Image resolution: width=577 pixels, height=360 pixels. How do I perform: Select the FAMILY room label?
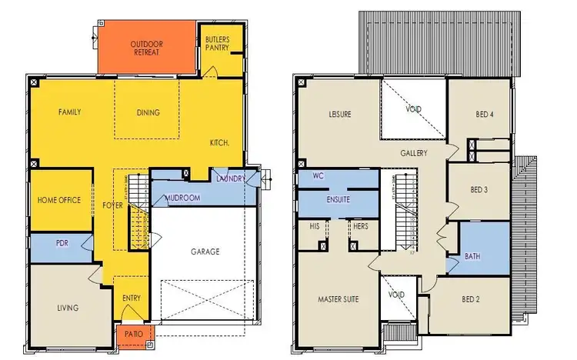pos(69,112)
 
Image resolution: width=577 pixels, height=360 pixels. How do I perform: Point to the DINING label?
pos(148,113)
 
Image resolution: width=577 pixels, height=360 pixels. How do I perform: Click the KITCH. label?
pos(220,143)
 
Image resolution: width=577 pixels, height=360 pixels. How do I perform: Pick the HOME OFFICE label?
pos(59,201)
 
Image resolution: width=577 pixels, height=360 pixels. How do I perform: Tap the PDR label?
pos(62,243)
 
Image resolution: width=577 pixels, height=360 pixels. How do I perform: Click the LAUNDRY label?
pos(231,179)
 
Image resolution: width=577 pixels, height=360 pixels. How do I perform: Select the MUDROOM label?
pos(182,198)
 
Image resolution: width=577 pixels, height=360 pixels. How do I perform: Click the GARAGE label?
pos(205,251)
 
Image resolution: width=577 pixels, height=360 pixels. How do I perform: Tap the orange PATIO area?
pos(135,335)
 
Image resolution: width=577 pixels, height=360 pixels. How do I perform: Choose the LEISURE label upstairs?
pos(339,115)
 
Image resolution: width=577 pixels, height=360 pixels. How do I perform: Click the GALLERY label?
pos(413,154)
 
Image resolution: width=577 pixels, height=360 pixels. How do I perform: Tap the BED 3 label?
pos(479,190)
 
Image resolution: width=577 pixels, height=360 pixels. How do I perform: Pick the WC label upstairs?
pos(318,176)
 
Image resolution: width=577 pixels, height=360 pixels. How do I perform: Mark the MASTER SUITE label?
pos(339,298)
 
